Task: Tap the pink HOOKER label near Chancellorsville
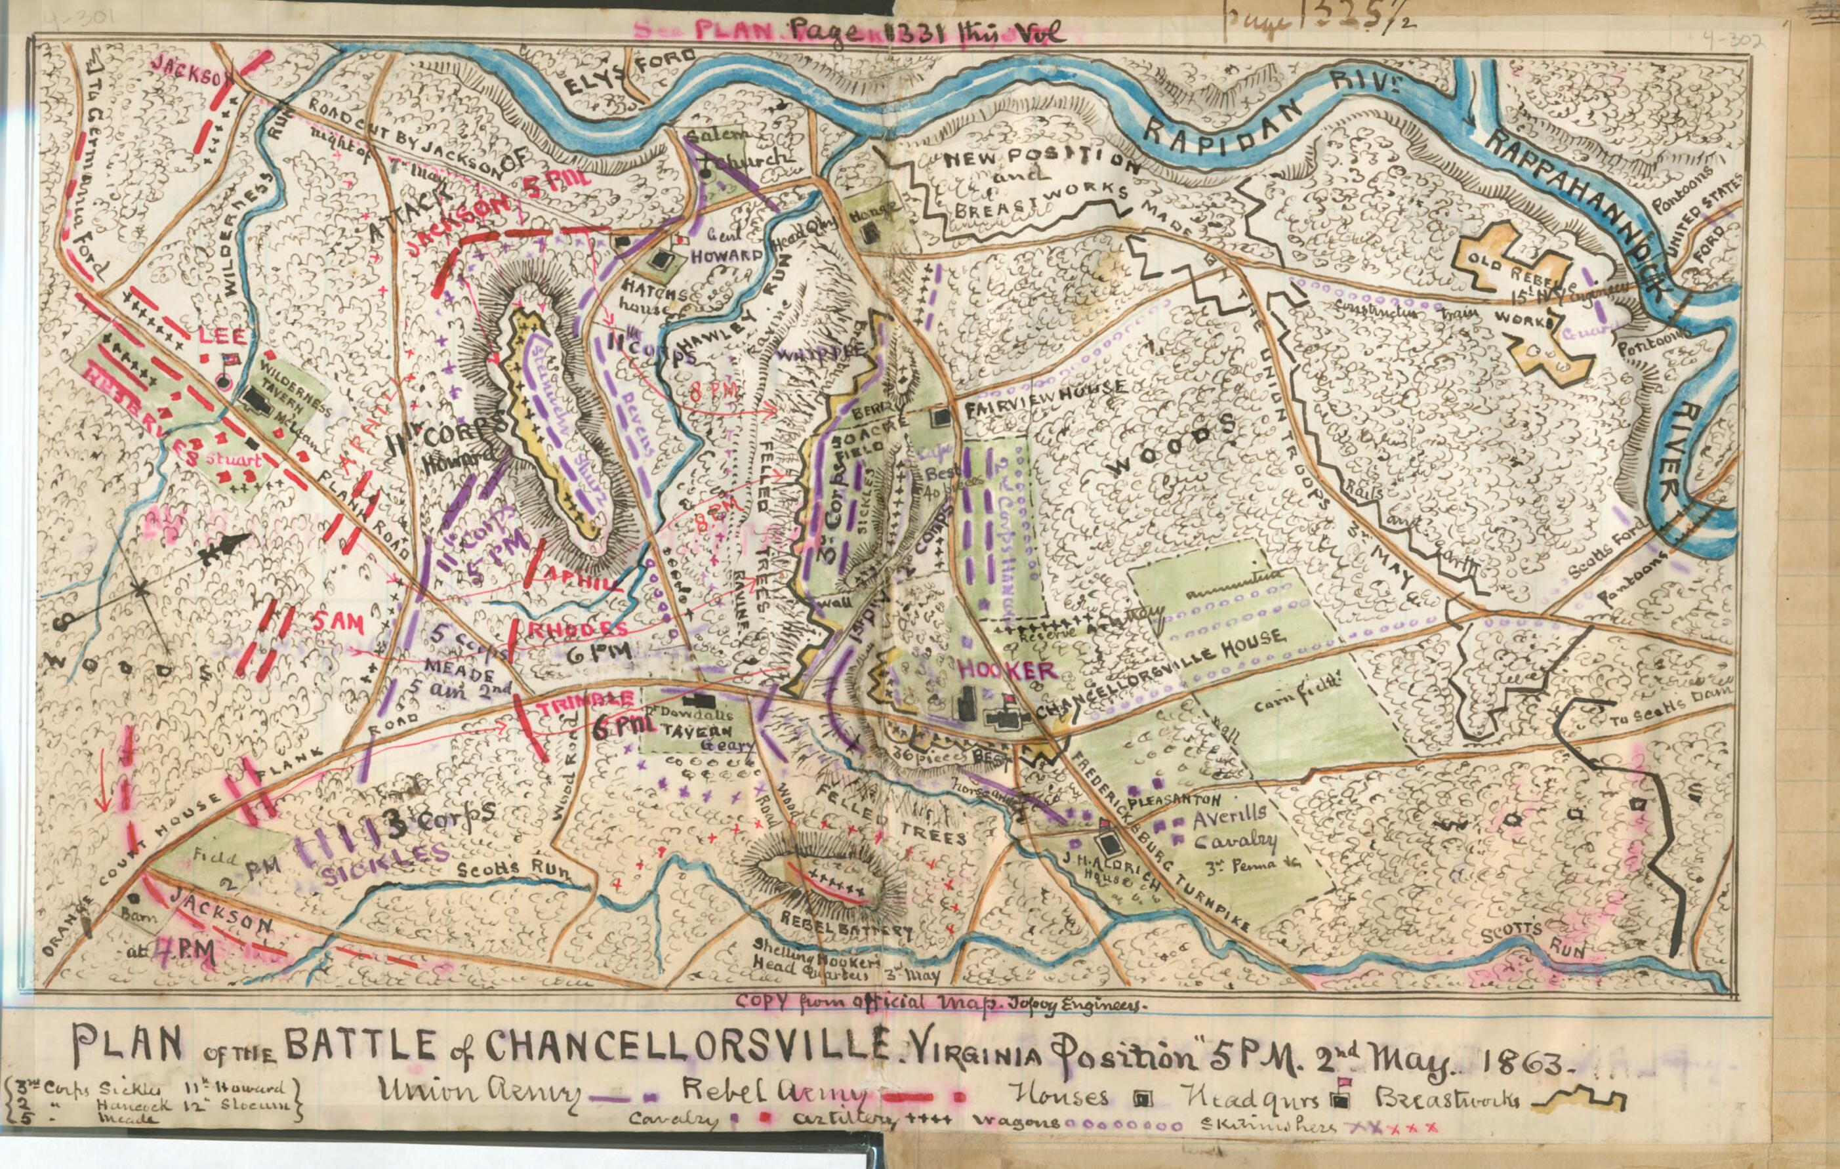point(1007,670)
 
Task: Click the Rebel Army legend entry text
point(775,1094)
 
